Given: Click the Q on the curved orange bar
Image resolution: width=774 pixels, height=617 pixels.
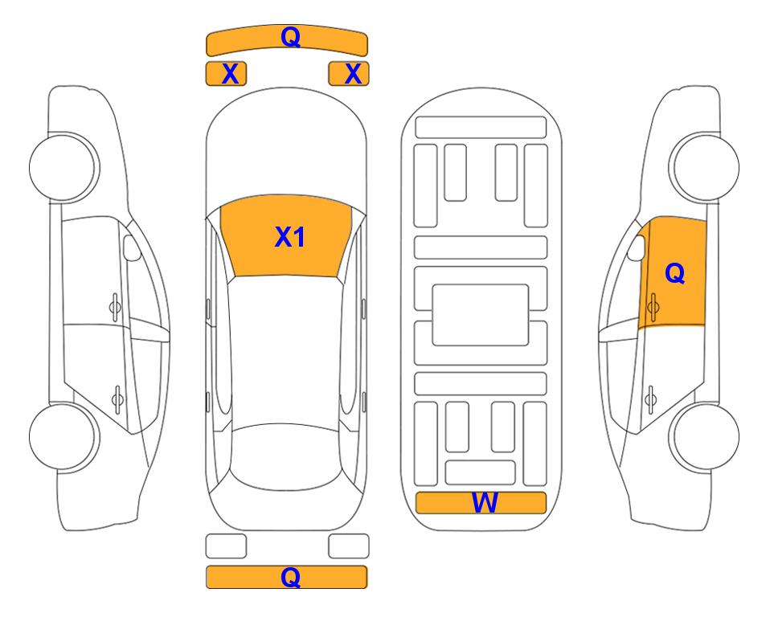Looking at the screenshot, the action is coord(291,37).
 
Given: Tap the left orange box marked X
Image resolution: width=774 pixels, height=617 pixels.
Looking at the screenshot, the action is coord(226,74).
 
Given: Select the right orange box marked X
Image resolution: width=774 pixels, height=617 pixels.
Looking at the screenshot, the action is coord(349,74).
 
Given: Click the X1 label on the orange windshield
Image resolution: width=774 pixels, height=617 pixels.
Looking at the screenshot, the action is coord(290,237).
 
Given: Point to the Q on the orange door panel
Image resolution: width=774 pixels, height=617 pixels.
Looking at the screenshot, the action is coord(675,273).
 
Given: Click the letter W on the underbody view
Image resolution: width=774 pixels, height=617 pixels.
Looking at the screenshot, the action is coord(485,503).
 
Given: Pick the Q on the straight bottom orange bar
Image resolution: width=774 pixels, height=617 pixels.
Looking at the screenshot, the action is coord(291,577).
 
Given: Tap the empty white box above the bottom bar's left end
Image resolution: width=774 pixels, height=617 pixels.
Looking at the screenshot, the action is coord(226,546).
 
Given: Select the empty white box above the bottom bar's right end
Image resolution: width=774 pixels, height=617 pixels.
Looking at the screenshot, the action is coord(349,546).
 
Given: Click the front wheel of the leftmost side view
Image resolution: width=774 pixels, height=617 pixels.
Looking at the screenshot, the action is coord(63,167).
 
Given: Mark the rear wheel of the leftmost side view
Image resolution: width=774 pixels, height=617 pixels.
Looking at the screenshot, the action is coord(63,436).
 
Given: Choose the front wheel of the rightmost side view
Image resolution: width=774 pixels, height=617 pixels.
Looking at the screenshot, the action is coord(706,167).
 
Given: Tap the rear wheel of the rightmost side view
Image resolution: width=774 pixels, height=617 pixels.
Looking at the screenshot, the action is coord(706,436).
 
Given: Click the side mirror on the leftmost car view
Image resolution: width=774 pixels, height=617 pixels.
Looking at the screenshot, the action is coord(131,247).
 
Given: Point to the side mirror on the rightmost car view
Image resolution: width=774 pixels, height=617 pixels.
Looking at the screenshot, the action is coord(637,247).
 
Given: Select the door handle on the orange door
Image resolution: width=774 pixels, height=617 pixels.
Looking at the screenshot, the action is coord(653,307).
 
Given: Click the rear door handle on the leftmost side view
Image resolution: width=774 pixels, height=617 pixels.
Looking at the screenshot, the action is coord(117,398).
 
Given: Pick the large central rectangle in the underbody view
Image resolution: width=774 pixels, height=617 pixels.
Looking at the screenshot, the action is coord(481,315).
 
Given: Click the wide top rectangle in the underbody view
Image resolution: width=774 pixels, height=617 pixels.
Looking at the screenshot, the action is coord(481,128).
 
